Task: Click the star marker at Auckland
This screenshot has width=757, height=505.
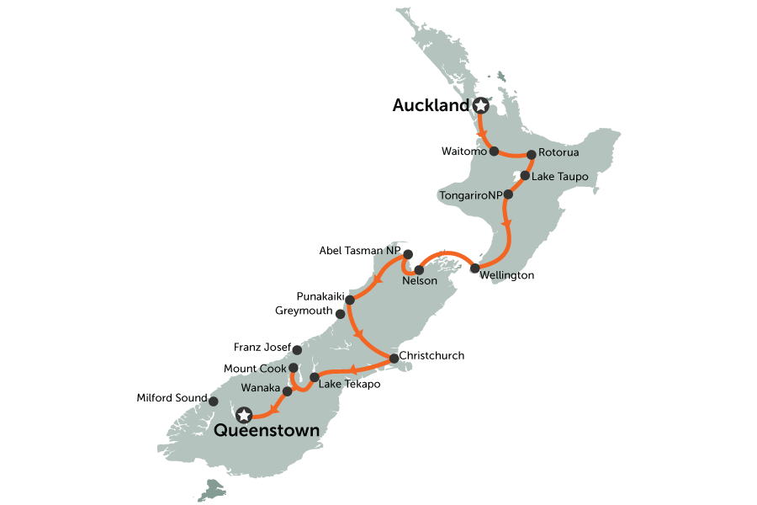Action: [x=480, y=106]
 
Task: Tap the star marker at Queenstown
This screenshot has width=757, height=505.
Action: [x=244, y=414]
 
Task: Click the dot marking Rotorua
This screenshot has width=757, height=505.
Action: [x=532, y=154]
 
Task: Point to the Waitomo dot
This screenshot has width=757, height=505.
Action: [x=495, y=151]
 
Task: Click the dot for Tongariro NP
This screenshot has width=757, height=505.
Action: [x=508, y=194]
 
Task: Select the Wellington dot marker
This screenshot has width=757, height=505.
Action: [x=475, y=268]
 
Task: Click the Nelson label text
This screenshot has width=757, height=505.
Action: [x=420, y=281]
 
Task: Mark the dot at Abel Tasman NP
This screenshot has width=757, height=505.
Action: [x=407, y=254]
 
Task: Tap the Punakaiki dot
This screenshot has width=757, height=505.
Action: [x=349, y=298]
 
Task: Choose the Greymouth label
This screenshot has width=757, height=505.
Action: [x=305, y=311]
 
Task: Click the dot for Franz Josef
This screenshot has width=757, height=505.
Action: [x=296, y=348]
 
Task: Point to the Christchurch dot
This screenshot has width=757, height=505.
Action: [x=393, y=359]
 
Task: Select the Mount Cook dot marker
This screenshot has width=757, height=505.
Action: [x=293, y=368]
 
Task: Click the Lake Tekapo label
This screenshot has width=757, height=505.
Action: [x=345, y=384]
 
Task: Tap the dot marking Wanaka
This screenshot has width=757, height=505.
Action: [x=287, y=391]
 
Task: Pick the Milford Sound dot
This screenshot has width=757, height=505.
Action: [x=213, y=401]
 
